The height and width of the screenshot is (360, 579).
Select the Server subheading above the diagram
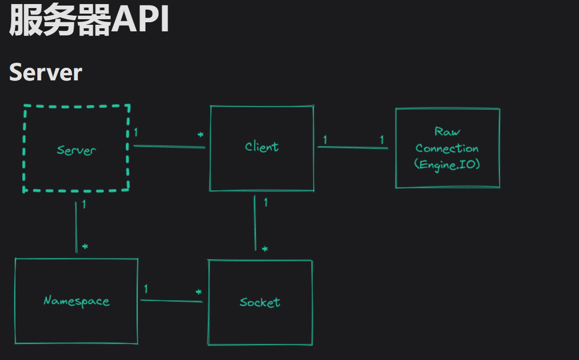[x=45, y=73]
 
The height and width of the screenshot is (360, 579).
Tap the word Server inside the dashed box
[x=76, y=150]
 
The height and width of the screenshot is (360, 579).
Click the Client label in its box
[x=262, y=147]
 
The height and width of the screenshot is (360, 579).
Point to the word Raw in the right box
[x=447, y=131]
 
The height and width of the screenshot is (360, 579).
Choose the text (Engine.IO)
[x=447, y=165]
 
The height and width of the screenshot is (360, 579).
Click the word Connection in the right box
[x=447, y=149]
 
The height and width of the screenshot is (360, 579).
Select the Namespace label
[x=76, y=301]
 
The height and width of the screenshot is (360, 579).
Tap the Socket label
[x=260, y=302]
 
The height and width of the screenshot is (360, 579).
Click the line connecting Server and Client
[x=169, y=147]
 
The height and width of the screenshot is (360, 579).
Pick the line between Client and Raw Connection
[x=353, y=148]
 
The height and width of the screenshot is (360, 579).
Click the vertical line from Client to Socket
[x=255, y=222]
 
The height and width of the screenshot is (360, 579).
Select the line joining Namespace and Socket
[x=171, y=301]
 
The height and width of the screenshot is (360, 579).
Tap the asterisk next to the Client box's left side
[x=201, y=136]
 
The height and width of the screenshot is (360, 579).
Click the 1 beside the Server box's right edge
[x=136, y=132]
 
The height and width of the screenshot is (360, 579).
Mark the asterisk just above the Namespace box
[x=85, y=247]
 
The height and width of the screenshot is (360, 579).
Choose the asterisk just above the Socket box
[x=265, y=249]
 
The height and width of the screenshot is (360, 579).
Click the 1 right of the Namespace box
[x=146, y=289]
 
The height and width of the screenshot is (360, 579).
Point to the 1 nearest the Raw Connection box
[x=381, y=140]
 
